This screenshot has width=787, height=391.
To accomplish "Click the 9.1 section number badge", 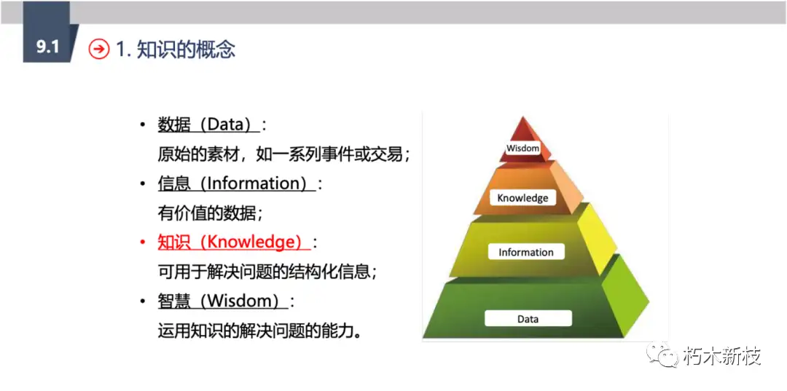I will coord(48,48).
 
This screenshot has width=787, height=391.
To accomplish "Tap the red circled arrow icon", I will coord(98,49).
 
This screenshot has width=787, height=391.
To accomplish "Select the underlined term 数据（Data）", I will coord(208,125).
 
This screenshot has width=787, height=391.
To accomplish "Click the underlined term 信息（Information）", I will coord(236,183).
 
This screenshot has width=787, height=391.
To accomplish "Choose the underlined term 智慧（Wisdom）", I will coord(222,301).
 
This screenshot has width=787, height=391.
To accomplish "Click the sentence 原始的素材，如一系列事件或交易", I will coord(283,154).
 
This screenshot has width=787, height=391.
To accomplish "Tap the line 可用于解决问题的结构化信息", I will coord(267,272).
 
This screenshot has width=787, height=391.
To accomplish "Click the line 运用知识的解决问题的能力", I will coord(259,331).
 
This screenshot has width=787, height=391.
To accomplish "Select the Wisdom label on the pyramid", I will coord(523,148).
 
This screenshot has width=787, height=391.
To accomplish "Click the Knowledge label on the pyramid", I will coord(522,197).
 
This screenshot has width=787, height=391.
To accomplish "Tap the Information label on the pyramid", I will coord(525,252).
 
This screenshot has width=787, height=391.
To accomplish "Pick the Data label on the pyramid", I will coord(528,318).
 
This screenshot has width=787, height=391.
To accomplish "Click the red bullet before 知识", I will coord(143,242).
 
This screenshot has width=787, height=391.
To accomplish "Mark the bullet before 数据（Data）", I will coord(143,125).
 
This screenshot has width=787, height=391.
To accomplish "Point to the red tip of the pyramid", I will coord(522,131).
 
